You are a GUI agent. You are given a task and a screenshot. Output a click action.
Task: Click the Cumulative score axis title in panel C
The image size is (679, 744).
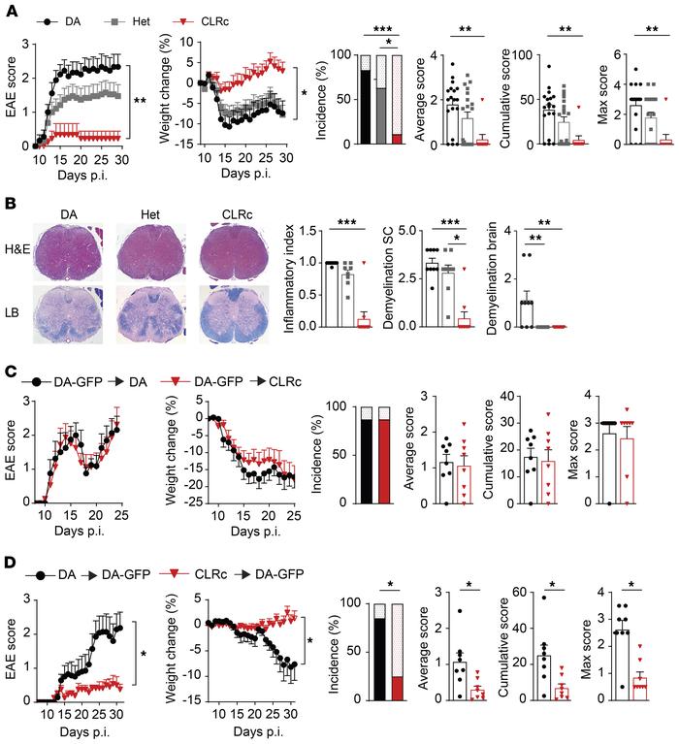click(x=505, y=445)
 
